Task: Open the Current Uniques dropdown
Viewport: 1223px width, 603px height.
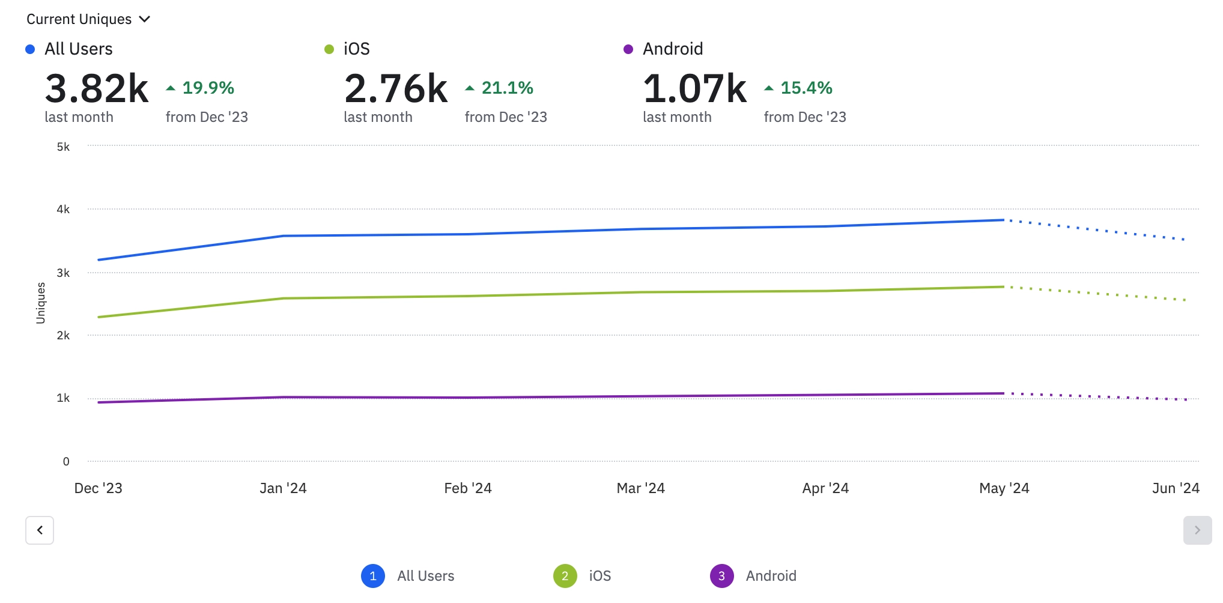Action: [88, 19]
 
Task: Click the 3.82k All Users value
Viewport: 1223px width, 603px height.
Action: [97, 89]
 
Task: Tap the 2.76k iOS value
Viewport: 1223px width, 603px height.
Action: [396, 89]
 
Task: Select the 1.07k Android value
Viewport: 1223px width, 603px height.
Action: [695, 89]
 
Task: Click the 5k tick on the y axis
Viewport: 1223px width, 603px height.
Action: [63, 147]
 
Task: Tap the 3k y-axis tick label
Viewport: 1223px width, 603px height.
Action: [63, 273]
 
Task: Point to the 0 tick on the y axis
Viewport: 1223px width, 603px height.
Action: [66, 462]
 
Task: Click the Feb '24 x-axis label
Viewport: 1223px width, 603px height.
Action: [468, 488]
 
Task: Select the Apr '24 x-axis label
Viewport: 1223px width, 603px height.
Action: [825, 488]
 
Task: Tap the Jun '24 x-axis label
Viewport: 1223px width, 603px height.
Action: [1176, 488]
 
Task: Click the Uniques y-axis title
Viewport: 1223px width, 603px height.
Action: [41, 303]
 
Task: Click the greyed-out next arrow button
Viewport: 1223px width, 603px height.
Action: [1197, 530]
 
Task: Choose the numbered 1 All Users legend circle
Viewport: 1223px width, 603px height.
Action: [373, 576]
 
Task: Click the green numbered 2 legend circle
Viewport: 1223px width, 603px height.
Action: [565, 576]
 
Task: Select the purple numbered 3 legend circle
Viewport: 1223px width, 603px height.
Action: [721, 576]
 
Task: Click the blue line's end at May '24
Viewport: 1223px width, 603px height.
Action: [1004, 220]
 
